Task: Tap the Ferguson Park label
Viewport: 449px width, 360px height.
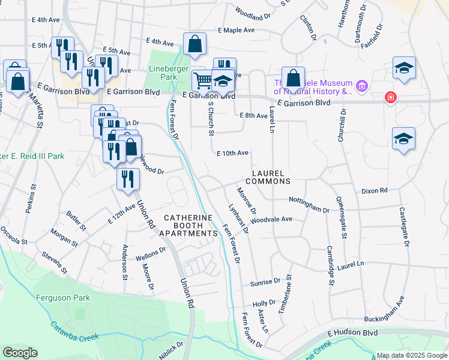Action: coord(62,298)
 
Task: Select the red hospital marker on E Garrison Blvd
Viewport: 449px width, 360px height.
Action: coord(391,97)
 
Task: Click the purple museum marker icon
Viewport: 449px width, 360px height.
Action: coord(361,87)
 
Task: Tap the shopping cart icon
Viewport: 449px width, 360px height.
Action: coord(203,80)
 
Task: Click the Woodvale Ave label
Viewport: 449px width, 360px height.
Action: coord(271,219)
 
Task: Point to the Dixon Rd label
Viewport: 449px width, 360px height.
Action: coord(375,191)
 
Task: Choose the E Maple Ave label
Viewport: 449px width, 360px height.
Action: coord(237,30)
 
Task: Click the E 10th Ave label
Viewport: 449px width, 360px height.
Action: coord(233,153)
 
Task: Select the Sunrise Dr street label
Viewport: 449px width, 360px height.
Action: coord(264,281)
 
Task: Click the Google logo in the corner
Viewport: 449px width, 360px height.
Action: coord(20,353)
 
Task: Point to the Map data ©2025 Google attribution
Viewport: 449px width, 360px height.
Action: coord(411,356)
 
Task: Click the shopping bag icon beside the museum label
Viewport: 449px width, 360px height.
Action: coord(293,78)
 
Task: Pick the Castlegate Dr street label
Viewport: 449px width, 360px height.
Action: coord(406,227)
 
